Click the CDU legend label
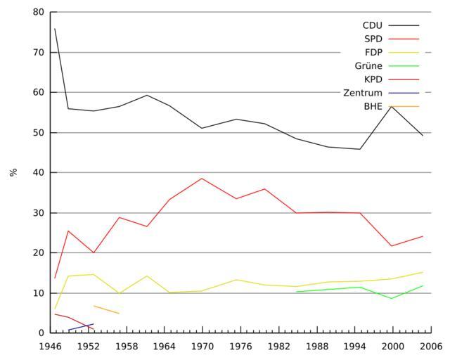(x=373, y=25)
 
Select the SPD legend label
(x=373, y=39)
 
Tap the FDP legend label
(x=373, y=52)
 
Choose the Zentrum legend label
(x=363, y=93)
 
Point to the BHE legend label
(x=373, y=106)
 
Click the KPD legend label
(x=373, y=79)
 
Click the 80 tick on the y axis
(x=38, y=12)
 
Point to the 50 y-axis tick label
(x=38, y=132)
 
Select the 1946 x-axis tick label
(x=49, y=347)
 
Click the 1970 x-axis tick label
(x=202, y=347)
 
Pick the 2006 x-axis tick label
(x=431, y=347)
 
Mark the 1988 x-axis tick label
(x=316, y=347)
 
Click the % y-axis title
(x=13, y=172)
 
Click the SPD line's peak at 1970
(x=202, y=178)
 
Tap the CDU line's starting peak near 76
(x=55, y=29)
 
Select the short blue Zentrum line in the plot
(x=81, y=327)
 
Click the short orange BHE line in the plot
(x=106, y=309)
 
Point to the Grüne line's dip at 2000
(x=392, y=298)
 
